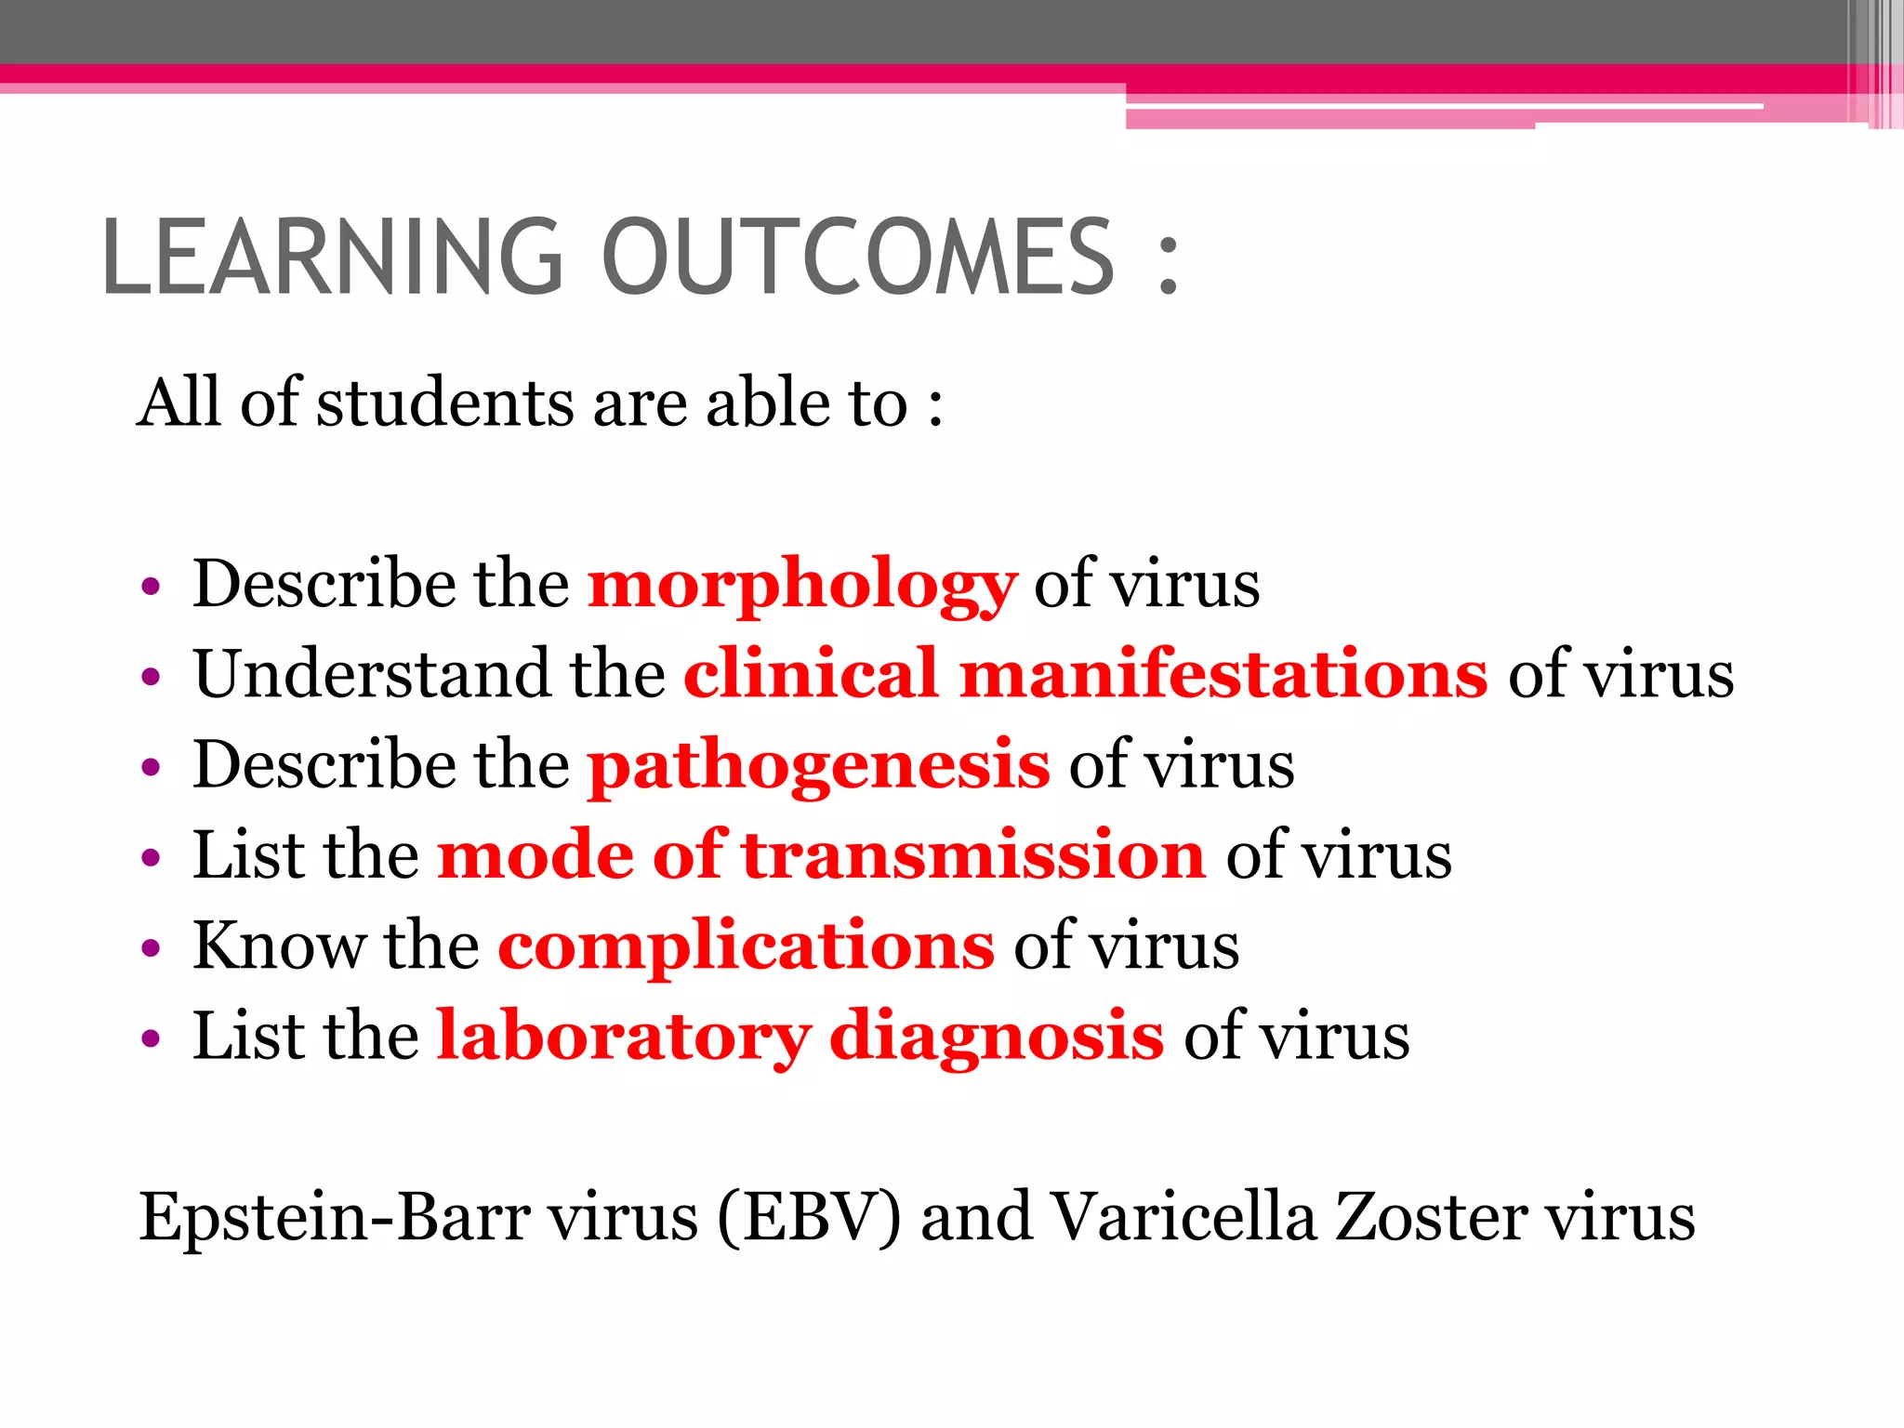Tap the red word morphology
802,586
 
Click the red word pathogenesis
819,766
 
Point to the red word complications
746,946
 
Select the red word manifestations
1223,674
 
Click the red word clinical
811,674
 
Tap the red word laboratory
624,1037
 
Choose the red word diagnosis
996,1037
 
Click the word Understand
371,674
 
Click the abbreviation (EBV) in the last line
809,1217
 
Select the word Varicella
1183,1217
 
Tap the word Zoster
1429,1217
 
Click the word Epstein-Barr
335,1217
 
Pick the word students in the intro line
445,404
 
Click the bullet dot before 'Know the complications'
151,949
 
